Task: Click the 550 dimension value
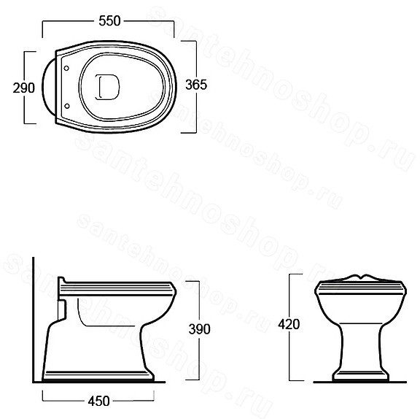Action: [109, 21]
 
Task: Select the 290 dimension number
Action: [24, 88]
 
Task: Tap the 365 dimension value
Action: [196, 85]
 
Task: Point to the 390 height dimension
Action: [199, 329]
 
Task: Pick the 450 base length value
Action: [99, 401]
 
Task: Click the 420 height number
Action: [289, 324]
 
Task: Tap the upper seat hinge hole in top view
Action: [66, 69]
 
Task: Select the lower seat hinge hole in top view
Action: [67, 107]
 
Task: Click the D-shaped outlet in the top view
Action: [107, 87]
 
